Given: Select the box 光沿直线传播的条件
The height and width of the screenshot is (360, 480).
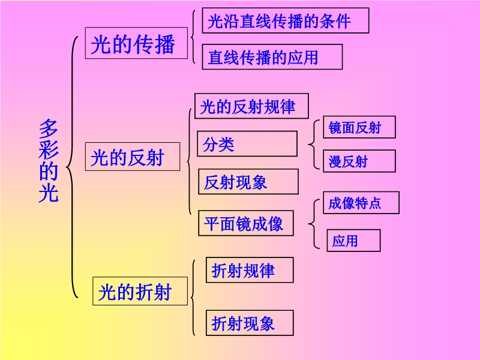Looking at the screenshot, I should [285, 21].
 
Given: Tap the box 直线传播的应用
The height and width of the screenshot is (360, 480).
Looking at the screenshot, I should [272, 57].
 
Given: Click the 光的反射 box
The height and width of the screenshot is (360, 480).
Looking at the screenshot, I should [133, 158].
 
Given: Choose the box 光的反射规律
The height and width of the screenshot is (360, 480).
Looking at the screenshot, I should [252, 106].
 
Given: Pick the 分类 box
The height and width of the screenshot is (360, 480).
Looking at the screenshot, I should [247, 144].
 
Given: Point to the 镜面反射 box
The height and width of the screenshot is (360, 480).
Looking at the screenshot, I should [359, 127].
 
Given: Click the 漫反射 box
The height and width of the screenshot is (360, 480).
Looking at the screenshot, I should [359, 161].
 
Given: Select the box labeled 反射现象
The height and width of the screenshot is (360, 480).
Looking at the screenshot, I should [248, 181].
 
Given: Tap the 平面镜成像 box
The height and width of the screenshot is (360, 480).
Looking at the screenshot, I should [245, 223].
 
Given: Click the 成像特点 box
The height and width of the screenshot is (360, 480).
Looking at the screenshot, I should [361, 203].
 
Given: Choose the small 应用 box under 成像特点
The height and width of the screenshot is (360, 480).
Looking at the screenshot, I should [354, 240].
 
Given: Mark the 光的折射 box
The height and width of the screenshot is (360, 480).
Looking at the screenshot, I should [139, 292].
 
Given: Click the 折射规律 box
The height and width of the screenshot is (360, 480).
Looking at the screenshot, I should [249, 270].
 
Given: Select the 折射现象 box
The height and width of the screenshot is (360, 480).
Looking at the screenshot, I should [249, 323].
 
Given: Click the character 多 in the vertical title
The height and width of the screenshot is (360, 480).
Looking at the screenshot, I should [49, 130].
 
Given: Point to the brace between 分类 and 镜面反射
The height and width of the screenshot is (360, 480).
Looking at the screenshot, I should [312, 144].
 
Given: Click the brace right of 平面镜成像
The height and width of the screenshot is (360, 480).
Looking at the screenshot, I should [313, 223].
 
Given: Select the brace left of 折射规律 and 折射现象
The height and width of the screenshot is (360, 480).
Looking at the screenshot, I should [193, 297].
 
